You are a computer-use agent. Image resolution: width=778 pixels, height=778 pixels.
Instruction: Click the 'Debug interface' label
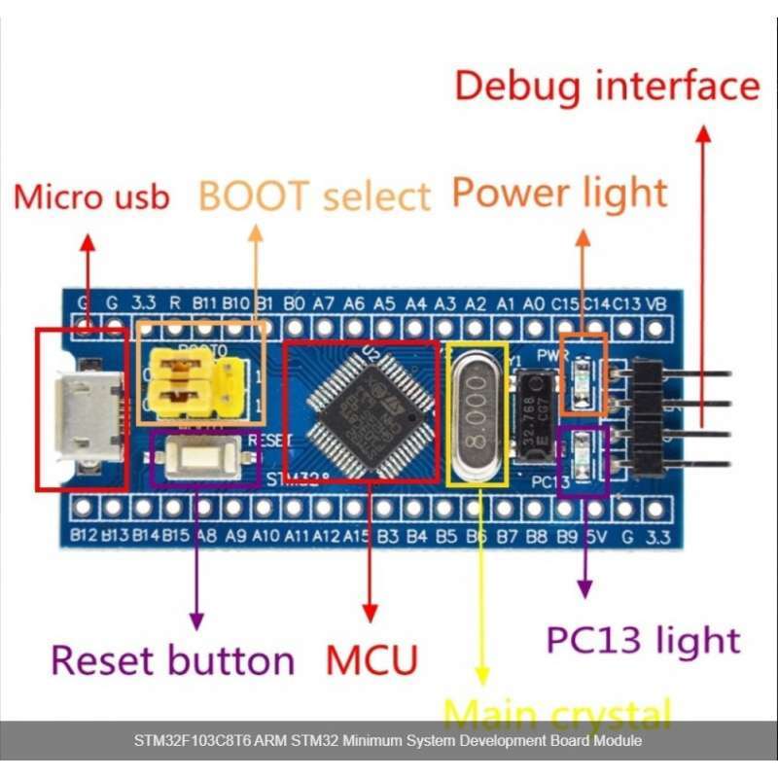[607, 86]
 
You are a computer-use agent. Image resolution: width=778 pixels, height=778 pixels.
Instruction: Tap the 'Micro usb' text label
[91, 196]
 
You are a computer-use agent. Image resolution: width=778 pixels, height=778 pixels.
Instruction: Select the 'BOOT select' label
[314, 195]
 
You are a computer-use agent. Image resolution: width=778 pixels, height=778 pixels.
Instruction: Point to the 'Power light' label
[560, 193]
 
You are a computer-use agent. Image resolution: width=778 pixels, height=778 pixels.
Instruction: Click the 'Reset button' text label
[172, 659]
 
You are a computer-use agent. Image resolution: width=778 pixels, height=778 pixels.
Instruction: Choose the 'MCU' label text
[371, 659]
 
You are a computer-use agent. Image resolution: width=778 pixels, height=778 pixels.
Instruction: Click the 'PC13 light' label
[643, 640]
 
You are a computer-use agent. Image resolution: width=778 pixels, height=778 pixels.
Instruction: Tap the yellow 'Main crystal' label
[557, 713]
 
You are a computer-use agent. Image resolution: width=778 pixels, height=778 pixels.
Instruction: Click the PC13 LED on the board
[584, 452]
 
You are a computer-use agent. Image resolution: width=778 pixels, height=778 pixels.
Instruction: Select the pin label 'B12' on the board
[85, 534]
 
